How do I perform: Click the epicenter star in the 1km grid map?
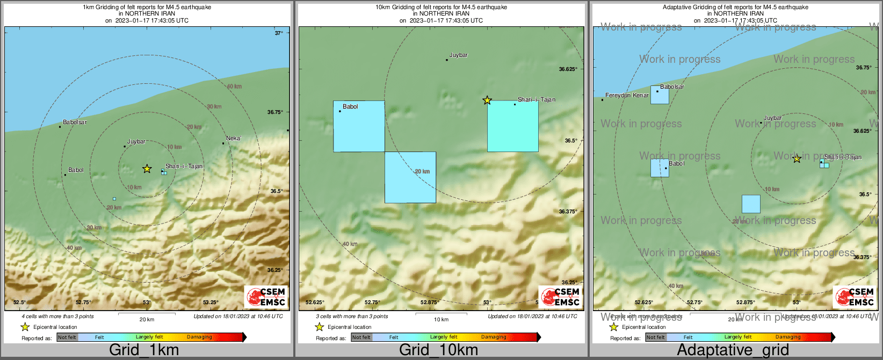(147, 169)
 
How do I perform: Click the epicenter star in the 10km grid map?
(487, 100)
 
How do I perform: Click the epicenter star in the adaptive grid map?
(797, 159)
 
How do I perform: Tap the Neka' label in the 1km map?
(233, 138)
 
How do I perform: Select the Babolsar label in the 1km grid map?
(75, 122)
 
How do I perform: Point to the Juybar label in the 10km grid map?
(459, 55)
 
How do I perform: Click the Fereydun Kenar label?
(627, 95)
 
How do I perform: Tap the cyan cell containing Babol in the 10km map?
(359, 126)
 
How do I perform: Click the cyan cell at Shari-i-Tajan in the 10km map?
(512, 126)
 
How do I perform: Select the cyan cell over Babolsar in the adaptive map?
(660, 95)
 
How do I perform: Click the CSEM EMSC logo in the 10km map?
(561, 297)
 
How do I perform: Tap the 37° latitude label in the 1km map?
(279, 33)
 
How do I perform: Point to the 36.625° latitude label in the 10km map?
(568, 69)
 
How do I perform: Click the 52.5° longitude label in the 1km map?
(20, 302)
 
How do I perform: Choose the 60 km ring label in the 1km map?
(234, 87)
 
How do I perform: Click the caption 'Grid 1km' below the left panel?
(144, 350)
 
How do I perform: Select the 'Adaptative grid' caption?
(733, 350)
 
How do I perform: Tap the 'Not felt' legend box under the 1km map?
(67, 337)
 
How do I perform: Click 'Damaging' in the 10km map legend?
(494, 337)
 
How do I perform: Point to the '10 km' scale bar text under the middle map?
(441, 320)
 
